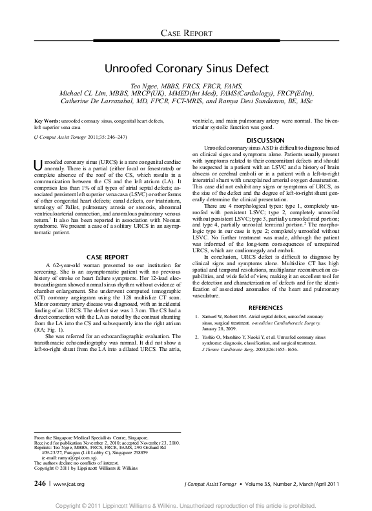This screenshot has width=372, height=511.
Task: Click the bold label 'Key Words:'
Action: [x=48, y=121]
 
